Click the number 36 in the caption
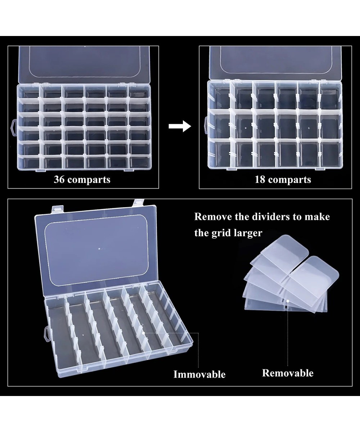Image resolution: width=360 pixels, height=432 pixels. pos(59,179)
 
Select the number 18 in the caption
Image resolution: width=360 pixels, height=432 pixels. pos(260,179)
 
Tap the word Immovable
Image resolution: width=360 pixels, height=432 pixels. pos(199,374)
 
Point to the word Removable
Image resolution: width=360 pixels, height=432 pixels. pos(288,373)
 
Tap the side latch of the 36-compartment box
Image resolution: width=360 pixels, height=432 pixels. pos(13,127)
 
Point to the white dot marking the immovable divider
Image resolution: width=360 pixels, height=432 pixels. pos(144,333)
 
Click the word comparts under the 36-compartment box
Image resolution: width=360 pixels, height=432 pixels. pos(89,179)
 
